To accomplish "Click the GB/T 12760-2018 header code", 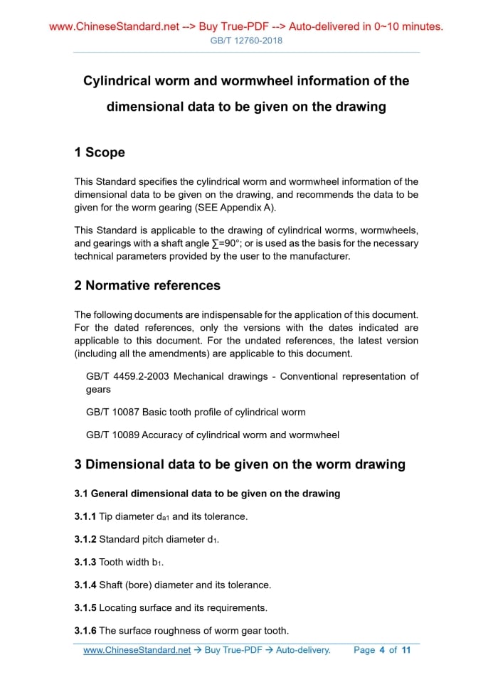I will (x=246, y=41).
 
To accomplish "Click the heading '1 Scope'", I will (x=100, y=152).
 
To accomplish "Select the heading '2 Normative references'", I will (x=147, y=285).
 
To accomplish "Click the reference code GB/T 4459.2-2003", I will (x=127, y=376).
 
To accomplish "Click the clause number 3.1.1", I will (x=85, y=516).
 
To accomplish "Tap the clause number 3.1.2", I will (x=85, y=539).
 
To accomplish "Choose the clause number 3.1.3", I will (x=85, y=562).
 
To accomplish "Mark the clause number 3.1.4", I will (x=85, y=585).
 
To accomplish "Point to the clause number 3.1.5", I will (x=85, y=607).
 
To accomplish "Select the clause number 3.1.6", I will (x=85, y=630).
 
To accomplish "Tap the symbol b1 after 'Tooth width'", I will (x=157, y=563).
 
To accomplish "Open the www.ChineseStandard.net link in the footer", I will (x=137, y=650).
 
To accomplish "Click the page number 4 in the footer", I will (x=382, y=650).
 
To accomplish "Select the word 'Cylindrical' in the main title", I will (x=121, y=81).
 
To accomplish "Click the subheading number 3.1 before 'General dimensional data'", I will (x=81, y=493).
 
